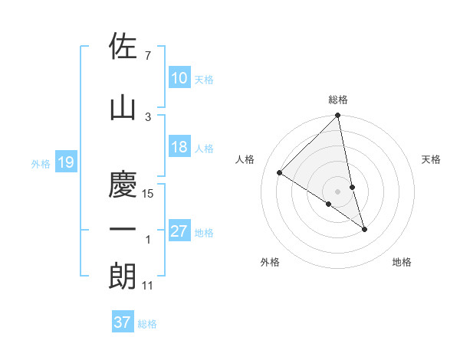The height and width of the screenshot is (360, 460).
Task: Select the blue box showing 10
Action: click(179, 78)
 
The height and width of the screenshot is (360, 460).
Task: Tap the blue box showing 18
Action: click(179, 147)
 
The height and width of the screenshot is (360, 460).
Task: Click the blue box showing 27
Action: click(179, 231)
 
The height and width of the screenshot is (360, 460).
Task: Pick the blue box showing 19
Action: click(64, 162)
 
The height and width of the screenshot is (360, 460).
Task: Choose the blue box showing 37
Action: click(123, 322)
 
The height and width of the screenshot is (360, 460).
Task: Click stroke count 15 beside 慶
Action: click(149, 194)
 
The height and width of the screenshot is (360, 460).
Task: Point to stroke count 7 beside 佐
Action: click(147, 56)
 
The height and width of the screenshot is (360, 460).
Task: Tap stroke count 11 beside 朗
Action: click(148, 286)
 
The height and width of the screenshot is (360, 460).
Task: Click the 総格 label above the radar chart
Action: click(338, 100)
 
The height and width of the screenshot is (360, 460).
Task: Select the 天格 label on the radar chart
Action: click(432, 159)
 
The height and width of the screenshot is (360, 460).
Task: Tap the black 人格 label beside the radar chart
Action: click(245, 159)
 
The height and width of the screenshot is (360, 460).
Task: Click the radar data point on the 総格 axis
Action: click(338, 116)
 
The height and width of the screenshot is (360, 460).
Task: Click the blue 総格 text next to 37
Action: click(148, 324)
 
